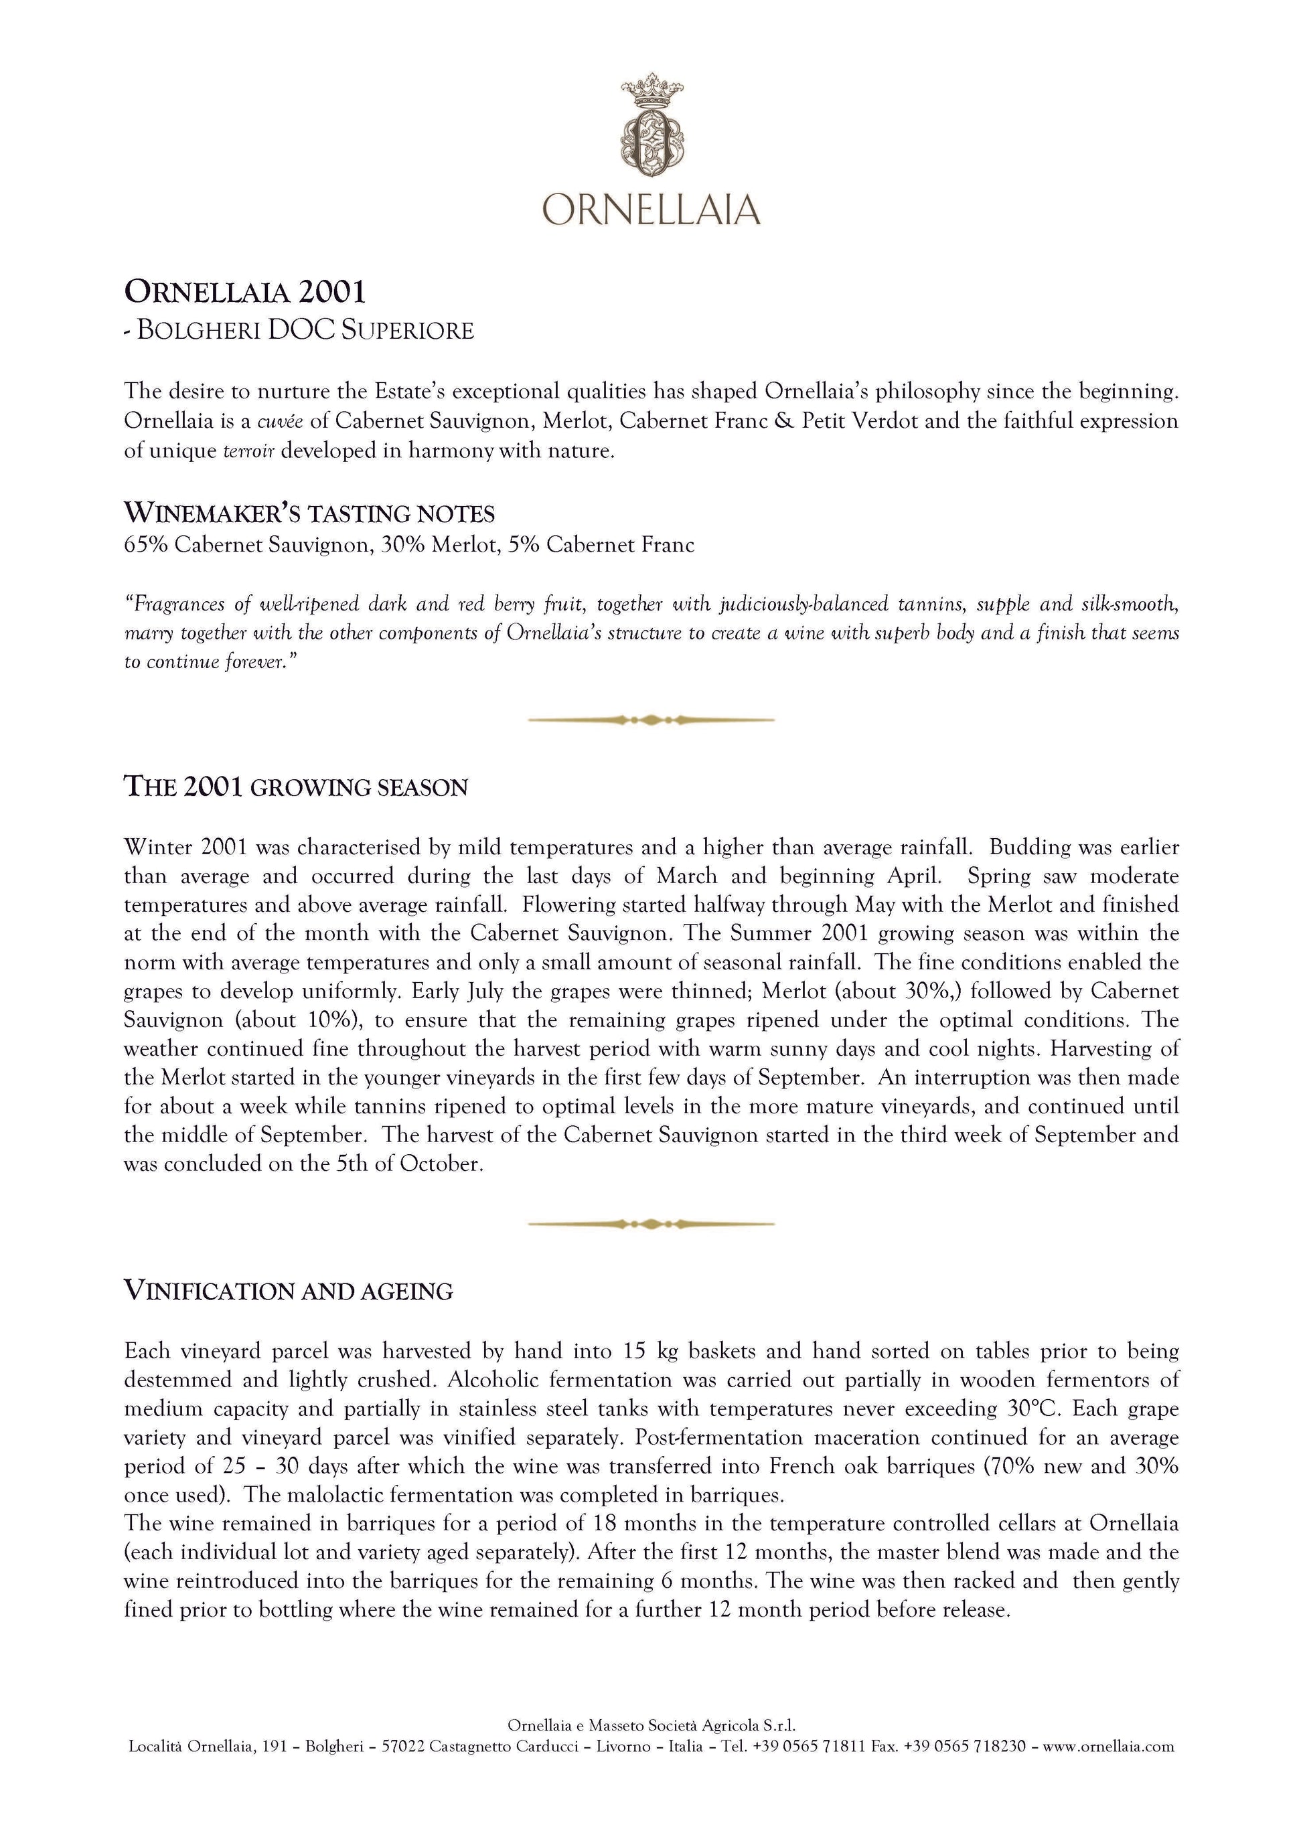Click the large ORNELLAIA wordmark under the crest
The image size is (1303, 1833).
651,210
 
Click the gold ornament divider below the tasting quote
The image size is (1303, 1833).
651,720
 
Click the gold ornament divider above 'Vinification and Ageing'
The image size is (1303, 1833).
651,1223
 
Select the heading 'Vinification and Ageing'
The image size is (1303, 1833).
288,1291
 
